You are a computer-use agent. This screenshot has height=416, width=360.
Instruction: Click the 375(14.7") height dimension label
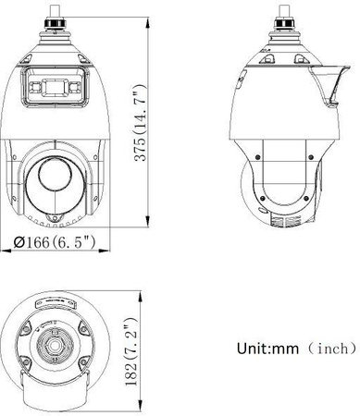pos(138,118)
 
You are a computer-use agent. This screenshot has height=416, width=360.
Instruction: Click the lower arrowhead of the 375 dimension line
pos(148,219)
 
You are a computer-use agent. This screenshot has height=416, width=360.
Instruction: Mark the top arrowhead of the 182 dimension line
pos(143,290)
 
